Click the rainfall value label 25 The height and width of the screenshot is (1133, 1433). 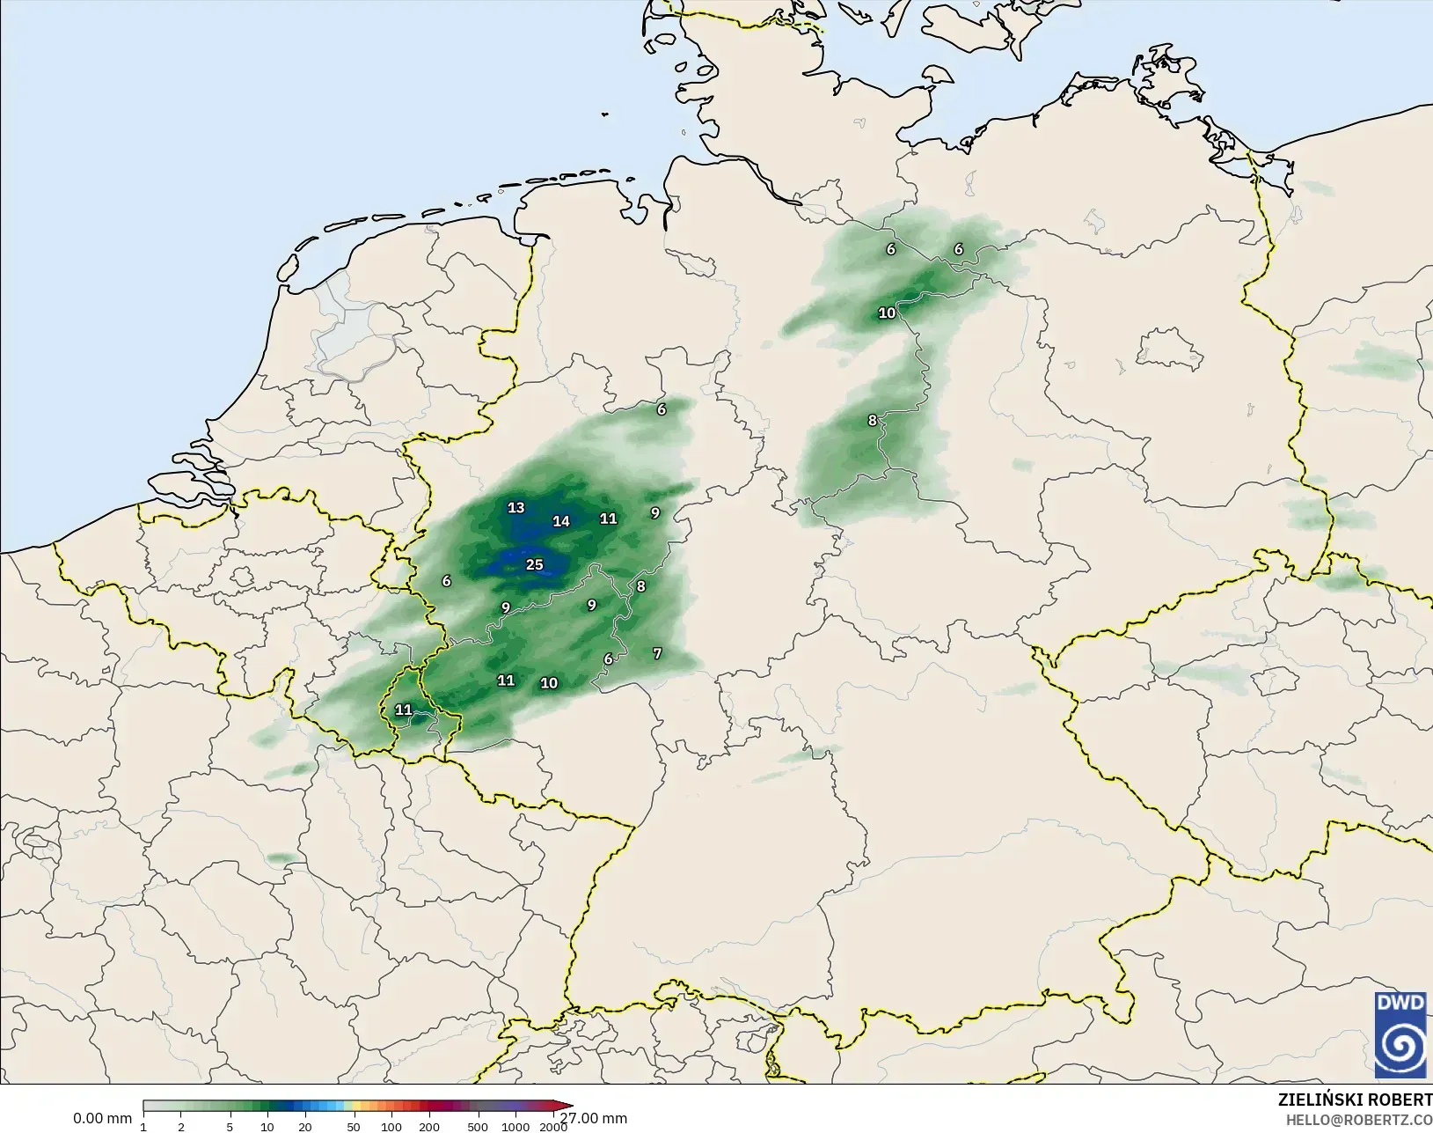[x=535, y=565]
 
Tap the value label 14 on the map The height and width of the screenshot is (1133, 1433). [x=561, y=521]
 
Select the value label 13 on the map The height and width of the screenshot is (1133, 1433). [x=516, y=508]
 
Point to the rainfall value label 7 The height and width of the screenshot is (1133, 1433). [x=657, y=653]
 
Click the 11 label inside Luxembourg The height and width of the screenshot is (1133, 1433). [x=404, y=710]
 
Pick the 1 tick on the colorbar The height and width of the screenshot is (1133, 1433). [x=143, y=1127]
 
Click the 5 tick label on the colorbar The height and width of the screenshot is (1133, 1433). [x=230, y=1127]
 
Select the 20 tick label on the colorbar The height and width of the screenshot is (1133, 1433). [x=305, y=1127]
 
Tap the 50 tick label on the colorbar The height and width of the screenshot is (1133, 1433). [x=354, y=1127]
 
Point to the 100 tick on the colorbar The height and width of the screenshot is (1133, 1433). [x=391, y=1127]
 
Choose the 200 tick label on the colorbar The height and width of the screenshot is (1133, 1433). [x=429, y=1127]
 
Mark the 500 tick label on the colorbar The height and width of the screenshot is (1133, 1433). [x=478, y=1127]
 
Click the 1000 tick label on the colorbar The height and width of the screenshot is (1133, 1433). [x=516, y=1127]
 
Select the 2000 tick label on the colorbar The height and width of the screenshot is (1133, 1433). [x=553, y=1127]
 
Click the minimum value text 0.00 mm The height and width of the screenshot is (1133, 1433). [x=102, y=1118]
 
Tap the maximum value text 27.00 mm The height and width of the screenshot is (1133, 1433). [x=595, y=1118]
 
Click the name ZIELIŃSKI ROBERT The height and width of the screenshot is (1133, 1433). [x=1355, y=1100]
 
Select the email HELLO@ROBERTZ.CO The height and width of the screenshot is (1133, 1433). [x=1359, y=1120]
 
